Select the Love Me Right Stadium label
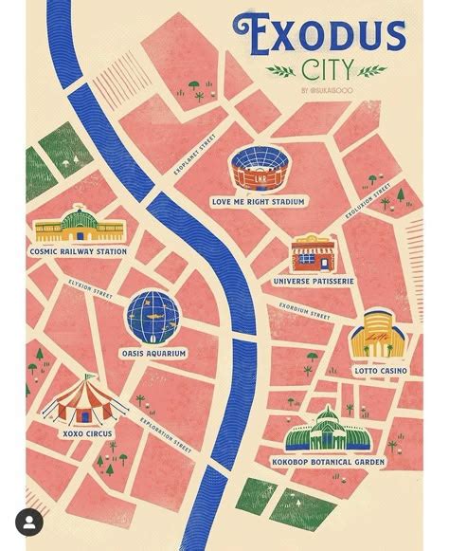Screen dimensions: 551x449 (x=258, y=201)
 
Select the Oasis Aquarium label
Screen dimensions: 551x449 (x=153, y=353)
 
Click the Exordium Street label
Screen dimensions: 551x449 (x=304, y=309)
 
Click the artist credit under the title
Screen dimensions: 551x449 (x=325, y=90)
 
